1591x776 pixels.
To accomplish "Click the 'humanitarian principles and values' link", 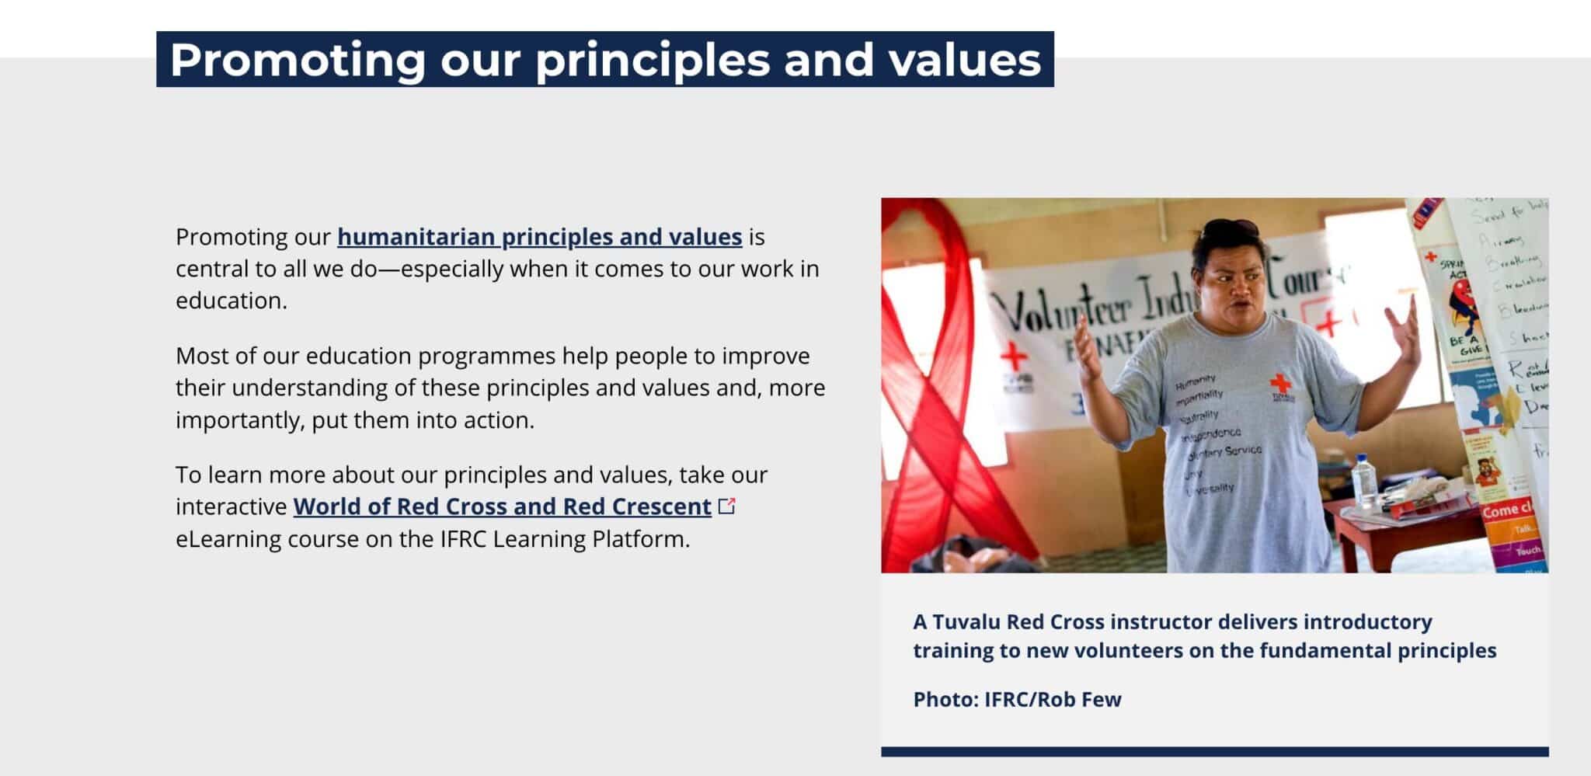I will tap(539, 237).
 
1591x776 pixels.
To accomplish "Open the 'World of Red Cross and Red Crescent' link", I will tap(502, 506).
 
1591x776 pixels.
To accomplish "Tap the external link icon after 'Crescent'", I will tap(727, 506).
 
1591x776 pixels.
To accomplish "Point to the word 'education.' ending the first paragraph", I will tap(231, 301).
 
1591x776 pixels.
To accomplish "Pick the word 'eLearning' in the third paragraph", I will tap(228, 539).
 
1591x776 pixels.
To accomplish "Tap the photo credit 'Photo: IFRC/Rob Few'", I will tap(1017, 699).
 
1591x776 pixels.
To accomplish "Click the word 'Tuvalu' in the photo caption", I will tap(966, 622).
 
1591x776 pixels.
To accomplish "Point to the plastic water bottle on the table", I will tap(1363, 482).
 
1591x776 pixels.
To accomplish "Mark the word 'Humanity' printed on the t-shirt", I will tap(1195, 381).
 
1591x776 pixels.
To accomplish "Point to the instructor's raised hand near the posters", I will tap(1407, 334).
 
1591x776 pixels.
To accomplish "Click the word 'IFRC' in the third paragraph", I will tap(464, 539).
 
